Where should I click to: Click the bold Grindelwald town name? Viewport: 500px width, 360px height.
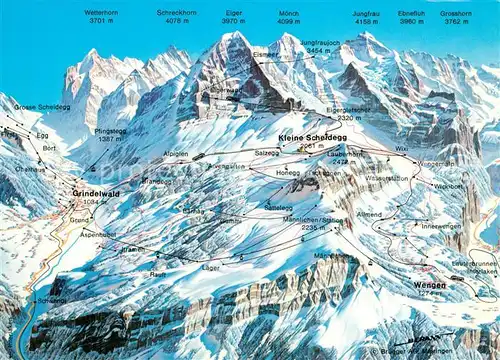click(97, 193)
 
